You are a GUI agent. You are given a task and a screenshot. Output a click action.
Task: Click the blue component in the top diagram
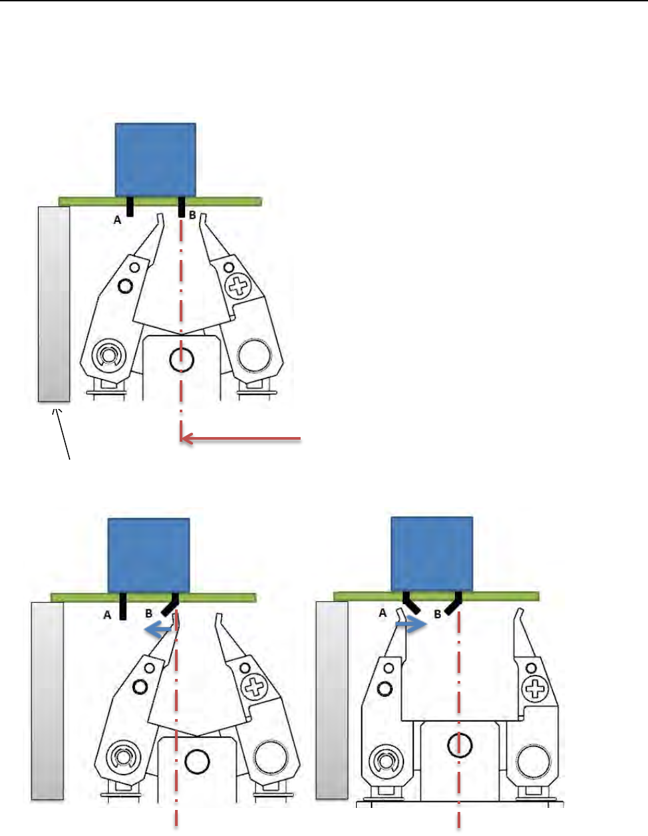pyautogui.click(x=156, y=160)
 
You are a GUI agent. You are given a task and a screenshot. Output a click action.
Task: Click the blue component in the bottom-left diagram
pyautogui.click(x=149, y=555)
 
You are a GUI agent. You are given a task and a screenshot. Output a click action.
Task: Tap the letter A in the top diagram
pyautogui.click(x=118, y=219)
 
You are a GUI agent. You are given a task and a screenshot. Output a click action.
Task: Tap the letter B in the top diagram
pyautogui.click(x=192, y=215)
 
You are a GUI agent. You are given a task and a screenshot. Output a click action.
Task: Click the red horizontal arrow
pyautogui.click(x=241, y=438)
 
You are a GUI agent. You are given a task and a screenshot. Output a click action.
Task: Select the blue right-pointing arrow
pyautogui.click(x=410, y=625)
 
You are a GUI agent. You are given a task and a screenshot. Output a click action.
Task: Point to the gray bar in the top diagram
pyautogui.click(x=53, y=303)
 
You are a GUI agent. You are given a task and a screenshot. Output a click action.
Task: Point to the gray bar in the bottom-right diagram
pyautogui.click(x=331, y=699)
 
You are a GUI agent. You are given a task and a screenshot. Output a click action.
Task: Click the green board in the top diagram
pyautogui.click(x=227, y=201)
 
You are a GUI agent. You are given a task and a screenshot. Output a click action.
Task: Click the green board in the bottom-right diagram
pyautogui.click(x=508, y=596)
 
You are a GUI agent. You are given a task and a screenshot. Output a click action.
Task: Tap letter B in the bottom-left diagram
pyautogui.click(x=149, y=612)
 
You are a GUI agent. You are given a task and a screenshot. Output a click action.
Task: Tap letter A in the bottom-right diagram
pyautogui.click(x=383, y=612)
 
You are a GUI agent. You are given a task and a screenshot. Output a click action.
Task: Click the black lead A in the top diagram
pyautogui.click(x=130, y=207)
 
